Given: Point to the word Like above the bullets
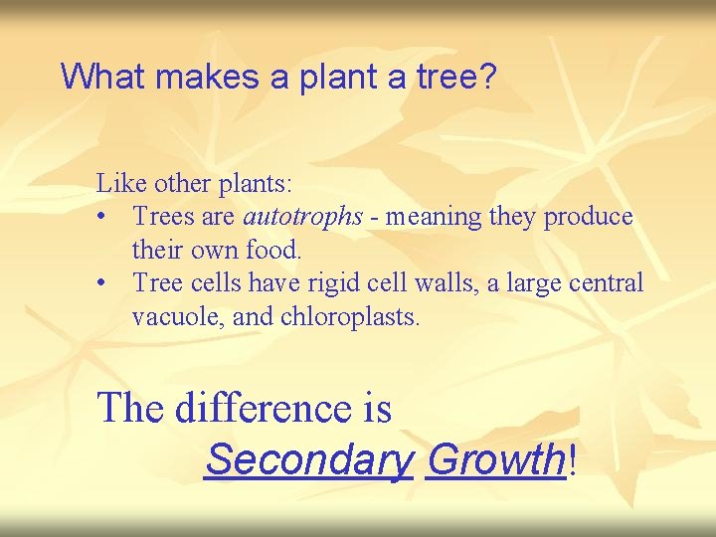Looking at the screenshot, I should click(x=116, y=183).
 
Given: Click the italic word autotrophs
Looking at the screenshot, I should click(x=303, y=217).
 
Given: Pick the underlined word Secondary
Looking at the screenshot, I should click(x=308, y=459).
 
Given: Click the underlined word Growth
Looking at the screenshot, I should click(x=494, y=459).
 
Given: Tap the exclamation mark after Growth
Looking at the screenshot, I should click(x=573, y=459).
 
